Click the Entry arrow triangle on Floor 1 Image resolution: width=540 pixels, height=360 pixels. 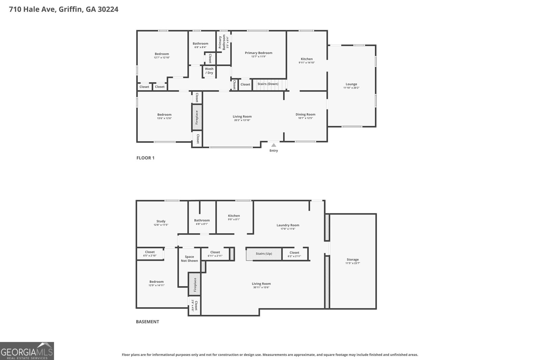274,145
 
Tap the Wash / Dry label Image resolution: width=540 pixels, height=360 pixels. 209,71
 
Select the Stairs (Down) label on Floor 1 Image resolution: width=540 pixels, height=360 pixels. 268,84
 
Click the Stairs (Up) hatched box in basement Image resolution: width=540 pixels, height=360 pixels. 264,254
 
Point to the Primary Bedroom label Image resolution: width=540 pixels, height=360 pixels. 259,53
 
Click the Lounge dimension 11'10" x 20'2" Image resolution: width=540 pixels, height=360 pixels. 351,88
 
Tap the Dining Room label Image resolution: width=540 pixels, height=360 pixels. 305,114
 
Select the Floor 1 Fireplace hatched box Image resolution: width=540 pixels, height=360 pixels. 197,117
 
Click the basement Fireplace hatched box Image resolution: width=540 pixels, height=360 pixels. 194,284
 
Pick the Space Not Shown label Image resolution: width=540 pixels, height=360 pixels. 189,259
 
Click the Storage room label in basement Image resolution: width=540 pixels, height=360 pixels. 353,259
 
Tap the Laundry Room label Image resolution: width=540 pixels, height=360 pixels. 288,225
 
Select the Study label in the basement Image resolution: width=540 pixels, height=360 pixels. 161,221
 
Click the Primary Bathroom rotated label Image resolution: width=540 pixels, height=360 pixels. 222,43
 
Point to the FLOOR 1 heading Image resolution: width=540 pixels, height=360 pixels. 145,158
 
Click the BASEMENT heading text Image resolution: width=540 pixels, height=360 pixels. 147,322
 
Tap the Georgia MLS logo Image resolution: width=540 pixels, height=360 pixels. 27,351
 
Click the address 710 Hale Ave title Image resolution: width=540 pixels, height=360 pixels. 64,9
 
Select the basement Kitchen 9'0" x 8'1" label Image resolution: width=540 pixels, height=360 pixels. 234,217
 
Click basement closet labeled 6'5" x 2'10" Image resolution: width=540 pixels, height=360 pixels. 150,254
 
